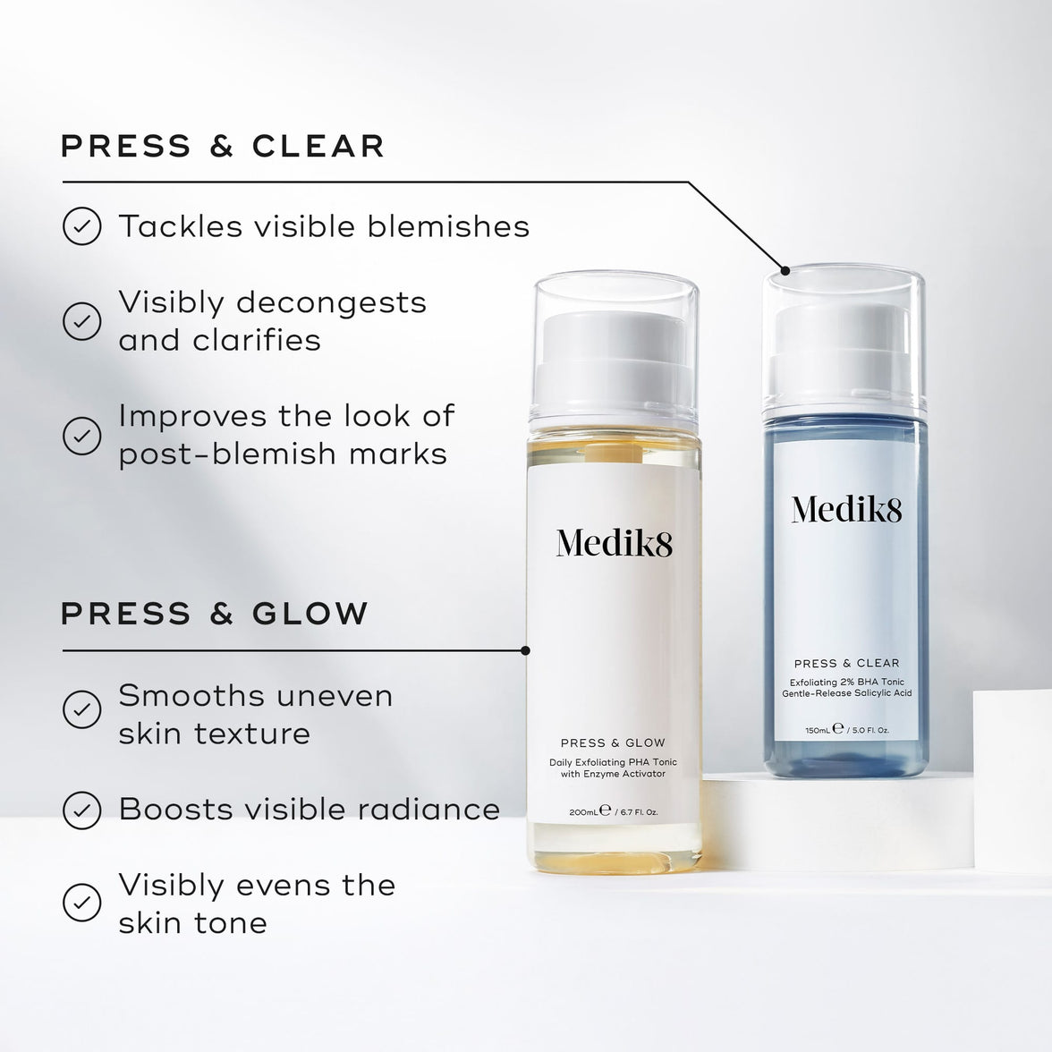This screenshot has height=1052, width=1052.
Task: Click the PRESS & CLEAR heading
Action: [223, 146]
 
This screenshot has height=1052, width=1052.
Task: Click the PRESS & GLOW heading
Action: [215, 614]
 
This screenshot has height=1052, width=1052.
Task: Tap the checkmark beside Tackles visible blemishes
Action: [81, 226]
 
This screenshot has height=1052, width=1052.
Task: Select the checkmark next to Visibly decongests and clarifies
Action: [81, 320]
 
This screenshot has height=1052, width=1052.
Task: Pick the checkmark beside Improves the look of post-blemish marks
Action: [81, 435]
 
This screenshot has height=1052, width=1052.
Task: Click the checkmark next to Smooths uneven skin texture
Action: [81, 710]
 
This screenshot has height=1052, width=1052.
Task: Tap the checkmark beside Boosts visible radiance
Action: [81, 810]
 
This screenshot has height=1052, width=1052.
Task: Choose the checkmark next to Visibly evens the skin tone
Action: [81, 903]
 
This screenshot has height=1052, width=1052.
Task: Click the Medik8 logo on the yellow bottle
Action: [614, 543]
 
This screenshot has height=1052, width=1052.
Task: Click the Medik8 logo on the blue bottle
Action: [846, 509]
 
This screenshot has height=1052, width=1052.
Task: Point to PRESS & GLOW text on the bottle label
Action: [613, 742]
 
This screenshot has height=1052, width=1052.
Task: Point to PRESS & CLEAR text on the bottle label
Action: [846, 663]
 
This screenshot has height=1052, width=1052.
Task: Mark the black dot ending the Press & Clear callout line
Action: [785, 270]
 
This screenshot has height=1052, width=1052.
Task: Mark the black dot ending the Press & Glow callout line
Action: [525, 650]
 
